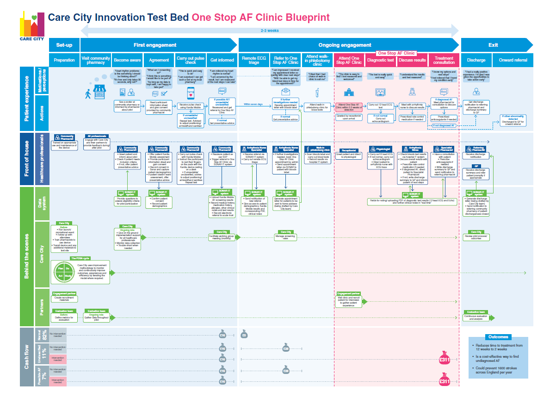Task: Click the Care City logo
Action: pyautogui.click(x=32, y=27)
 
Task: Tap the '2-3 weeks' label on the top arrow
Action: pyautogui.click(x=270, y=31)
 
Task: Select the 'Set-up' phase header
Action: pyautogui.click(x=64, y=45)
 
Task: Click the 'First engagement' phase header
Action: pyautogui.click(x=155, y=45)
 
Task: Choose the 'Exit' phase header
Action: pyautogui.click(x=493, y=45)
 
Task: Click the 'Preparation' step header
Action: pyautogui.click(x=64, y=60)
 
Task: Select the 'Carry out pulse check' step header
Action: pyautogui.click(x=190, y=60)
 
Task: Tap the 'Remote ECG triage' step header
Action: pyautogui.click(x=254, y=60)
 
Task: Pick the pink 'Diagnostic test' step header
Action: pyautogui.click(x=380, y=60)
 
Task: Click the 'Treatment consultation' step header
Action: pyautogui.click(x=444, y=60)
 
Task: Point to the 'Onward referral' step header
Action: pyautogui.click(x=513, y=60)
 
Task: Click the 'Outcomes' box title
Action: pyautogui.click(x=497, y=337)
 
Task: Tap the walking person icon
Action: pyautogui.click(x=88, y=93)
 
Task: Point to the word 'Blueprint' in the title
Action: pyautogui.click(x=308, y=18)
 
